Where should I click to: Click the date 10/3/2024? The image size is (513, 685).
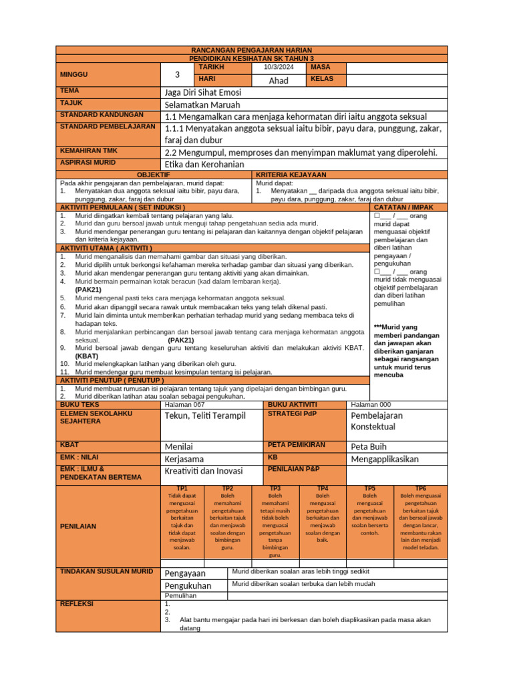pyautogui.click(x=278, y=68)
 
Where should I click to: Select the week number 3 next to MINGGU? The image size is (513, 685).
pyautogui.click(x=177, y=74)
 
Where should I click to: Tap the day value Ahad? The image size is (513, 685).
pyautogui.click(x=278, y=80)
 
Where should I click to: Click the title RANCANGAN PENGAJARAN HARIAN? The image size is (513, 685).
pyautogui.click(x=251, y=51)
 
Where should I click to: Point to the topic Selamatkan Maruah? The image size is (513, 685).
pyautogui.click(x=202, y=104)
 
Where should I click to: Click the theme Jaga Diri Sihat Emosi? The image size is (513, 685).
pyautogui.click(x=203, y=92)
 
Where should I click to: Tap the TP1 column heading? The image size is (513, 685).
pyautogui.click(x=182, y=488)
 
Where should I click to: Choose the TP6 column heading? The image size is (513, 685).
pyautogui.click(x=420, y=488)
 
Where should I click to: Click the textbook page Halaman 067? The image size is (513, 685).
pyautogui.click(x=184, y=405)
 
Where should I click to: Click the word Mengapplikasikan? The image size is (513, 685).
pyautogui.click(x=385, y=459)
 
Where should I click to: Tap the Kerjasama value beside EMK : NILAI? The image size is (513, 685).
pyautogui.click(x=184, y=459)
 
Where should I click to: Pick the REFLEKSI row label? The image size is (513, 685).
pyautogui.click(x=77, y=603)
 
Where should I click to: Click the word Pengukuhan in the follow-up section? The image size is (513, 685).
pyautogui.click(x=188, y=585)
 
